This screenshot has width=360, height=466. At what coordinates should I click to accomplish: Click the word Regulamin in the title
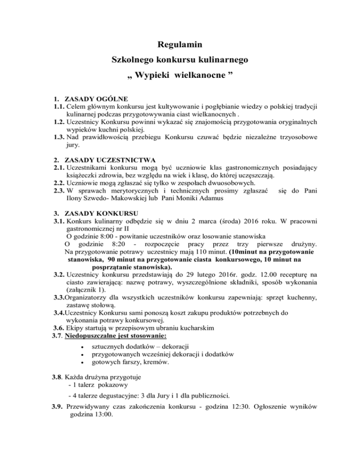point(180,45)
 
